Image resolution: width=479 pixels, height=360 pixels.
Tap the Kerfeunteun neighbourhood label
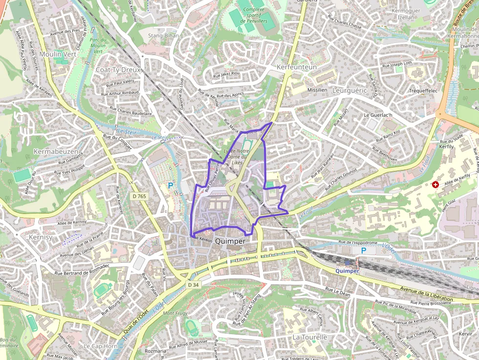click(297, 67)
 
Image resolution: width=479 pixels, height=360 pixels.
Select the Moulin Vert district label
click(58, 54)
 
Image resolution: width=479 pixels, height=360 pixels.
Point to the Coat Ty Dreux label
click(119, 70)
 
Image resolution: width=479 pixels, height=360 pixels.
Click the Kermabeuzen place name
click(56, 152)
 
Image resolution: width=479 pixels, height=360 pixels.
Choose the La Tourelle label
click(309, 337)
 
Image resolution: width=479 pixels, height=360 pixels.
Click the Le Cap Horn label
click(100, 346)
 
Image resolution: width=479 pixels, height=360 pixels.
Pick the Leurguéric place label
click(349, 91)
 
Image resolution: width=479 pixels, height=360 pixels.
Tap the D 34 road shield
click(194, 284)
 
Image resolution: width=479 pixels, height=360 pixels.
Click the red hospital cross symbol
click(435, 184)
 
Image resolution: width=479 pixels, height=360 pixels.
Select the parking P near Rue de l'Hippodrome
click(363, 251)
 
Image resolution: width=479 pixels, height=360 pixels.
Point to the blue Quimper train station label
click(347, 271)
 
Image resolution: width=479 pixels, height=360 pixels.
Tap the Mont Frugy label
click(174, 313)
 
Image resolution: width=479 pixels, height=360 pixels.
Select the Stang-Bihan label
click(163, 36)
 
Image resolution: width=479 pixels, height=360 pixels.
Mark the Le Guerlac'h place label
click(378, 115)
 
